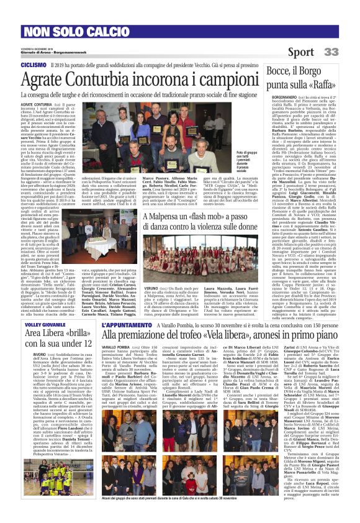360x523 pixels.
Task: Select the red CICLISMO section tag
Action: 34,65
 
